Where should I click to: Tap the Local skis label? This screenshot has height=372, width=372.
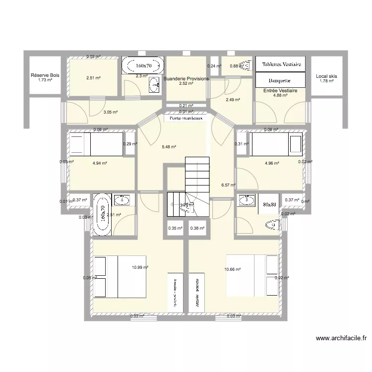pyautogui.click(x=326, y=76)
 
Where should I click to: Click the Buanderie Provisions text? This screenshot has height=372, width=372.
pyautogui.click(x=186, y=79)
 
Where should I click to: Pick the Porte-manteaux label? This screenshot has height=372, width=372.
pyautogui.click(x=186, y=119)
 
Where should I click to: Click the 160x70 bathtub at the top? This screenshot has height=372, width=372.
pyautogui.click(x=143, y=65)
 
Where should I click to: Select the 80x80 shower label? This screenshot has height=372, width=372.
pyautogui.click(x=269, y=203)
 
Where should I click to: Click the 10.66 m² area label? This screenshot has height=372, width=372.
pyautogui.click(x=233, y=269)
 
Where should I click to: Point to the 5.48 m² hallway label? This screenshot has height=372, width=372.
pyautogui.click(x=169, y=147)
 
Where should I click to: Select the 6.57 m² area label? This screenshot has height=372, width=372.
pyautogui.click(x=228, y=185)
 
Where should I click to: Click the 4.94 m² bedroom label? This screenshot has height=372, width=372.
pyautogui.click(x=100, y=163)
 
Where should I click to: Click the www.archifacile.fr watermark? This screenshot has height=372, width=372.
pyautogui.click(x=342, y=339)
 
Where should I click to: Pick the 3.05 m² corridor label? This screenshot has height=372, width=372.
pyautogui.click(x=110, y=112)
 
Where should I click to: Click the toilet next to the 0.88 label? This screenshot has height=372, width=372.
pyautogui.click(x=245, y=64)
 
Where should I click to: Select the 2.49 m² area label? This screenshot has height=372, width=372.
pyautogui.click(x=233, y=100)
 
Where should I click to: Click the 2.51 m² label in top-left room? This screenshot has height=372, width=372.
pyautogui.click(x=93, y=78)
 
